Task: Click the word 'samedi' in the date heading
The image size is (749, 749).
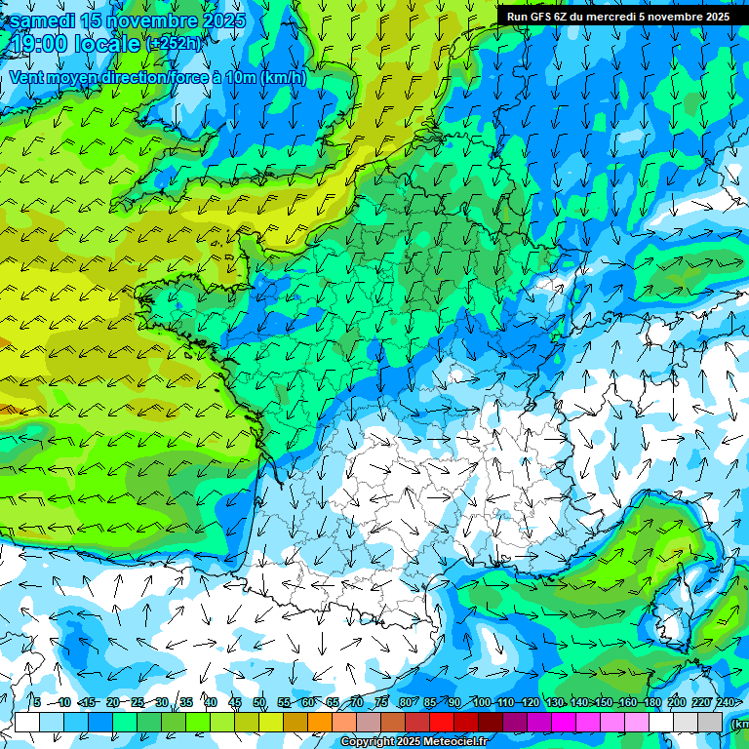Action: tap(42, 20)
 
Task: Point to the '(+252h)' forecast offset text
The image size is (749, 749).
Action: tap(175, 44)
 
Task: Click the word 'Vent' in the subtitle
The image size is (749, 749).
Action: tap(28, 77)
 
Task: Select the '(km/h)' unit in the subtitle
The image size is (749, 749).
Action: tap(283, 77)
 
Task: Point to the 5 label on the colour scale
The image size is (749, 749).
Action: tap(37, 702)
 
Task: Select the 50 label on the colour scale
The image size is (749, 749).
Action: tap(259, 702)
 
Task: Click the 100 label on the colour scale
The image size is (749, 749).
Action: tap(481, 702)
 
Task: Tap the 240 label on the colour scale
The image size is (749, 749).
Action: tap(726, 702)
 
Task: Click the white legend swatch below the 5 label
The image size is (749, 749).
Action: tap(27, 722)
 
